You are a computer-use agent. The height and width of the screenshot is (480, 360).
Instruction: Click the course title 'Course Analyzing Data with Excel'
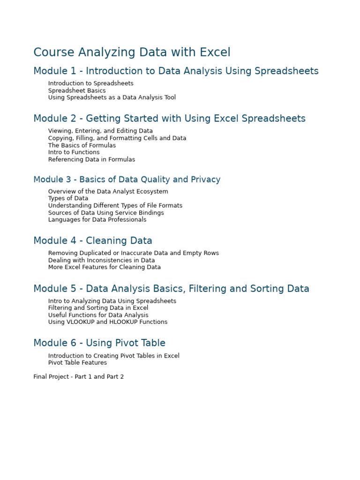(x=132, y=52)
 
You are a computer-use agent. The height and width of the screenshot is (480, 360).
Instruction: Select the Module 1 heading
(x=176, y=71)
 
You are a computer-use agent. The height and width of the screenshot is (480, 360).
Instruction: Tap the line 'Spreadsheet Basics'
(x=77, y=90)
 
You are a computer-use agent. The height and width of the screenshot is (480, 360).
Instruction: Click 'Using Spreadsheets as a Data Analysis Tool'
(x=112, y=97)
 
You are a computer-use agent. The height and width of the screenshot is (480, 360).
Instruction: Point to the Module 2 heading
(x=169, y=119)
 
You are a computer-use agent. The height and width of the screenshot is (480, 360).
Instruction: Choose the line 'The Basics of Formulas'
(x=82, y=145)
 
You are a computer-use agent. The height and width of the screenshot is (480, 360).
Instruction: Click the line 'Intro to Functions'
(x=74, y=152)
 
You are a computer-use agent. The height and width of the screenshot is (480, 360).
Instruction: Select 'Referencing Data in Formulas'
(x=91, y=159)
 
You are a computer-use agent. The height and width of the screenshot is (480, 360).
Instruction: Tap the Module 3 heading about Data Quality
(x=127, y=180)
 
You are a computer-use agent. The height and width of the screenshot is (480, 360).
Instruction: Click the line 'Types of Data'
(x=68, y=198)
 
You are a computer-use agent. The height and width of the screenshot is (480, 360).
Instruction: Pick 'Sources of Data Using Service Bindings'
(x=106, y=213)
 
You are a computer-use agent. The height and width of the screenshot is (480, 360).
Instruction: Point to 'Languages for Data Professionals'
(x=97, y=219)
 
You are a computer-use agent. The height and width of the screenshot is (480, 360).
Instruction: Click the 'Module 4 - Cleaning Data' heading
(x=93, y=241)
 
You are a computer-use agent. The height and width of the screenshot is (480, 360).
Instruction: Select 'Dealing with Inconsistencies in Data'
(x=101, y=260)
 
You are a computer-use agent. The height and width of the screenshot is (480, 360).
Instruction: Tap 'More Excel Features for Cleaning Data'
(x=104, y=267)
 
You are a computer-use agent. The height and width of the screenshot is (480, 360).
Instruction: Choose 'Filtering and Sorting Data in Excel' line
(x=98, y=308)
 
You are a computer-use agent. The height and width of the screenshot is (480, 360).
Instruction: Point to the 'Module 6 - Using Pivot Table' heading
(x=99, y=343)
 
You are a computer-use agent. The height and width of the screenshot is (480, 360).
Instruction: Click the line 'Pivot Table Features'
(x=77, y=362)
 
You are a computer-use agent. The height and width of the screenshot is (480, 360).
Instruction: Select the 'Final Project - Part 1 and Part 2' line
(x=78, y=377)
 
